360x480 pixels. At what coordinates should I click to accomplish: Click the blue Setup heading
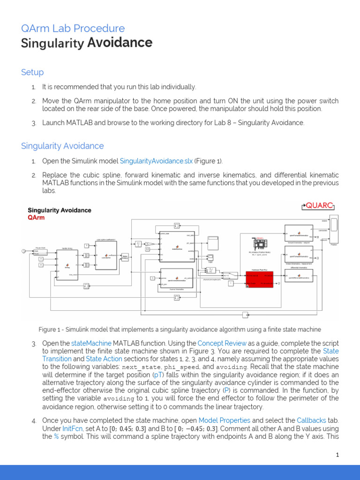click(x=32, y=72)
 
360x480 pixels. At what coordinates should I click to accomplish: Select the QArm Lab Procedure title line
click(x=73, y=28)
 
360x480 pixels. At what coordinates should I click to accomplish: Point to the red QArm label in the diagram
click(x=36, y=218)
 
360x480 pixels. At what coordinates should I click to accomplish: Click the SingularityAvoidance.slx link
click(x=156, y=161)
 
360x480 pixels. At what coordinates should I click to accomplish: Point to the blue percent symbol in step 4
click(x=56, y=436)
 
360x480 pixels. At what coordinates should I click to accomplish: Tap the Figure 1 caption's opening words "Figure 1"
click(x=50, y=330)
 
